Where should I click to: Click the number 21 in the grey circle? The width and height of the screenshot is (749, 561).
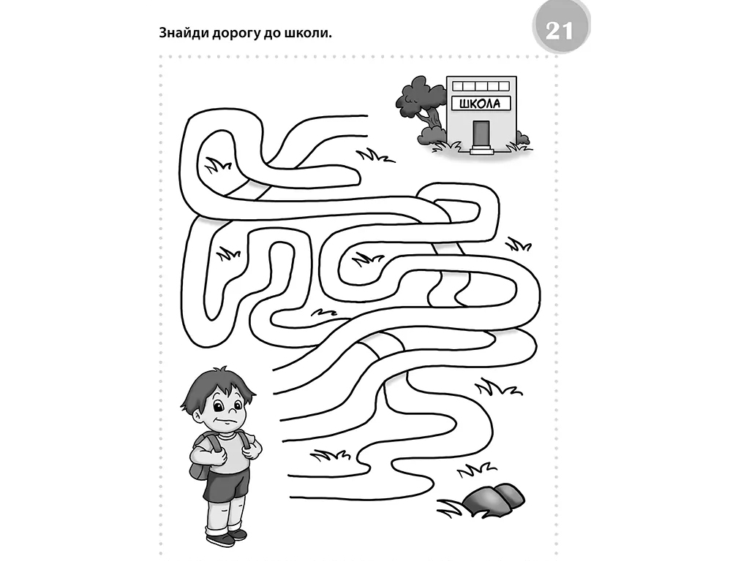click(560, 31)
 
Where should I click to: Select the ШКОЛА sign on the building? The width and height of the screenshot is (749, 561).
click(481, 103)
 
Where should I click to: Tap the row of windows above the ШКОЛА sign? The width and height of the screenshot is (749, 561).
click(481, 86)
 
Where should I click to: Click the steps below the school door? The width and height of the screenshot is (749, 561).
click(481, 150)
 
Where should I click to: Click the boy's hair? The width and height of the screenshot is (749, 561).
click(218, 386)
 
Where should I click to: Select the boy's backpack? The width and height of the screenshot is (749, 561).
click(200, 458)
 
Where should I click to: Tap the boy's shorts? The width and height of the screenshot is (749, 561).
click(226, 485)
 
